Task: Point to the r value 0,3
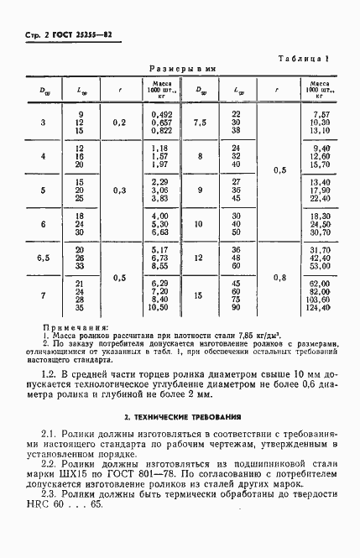pos(121,190)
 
